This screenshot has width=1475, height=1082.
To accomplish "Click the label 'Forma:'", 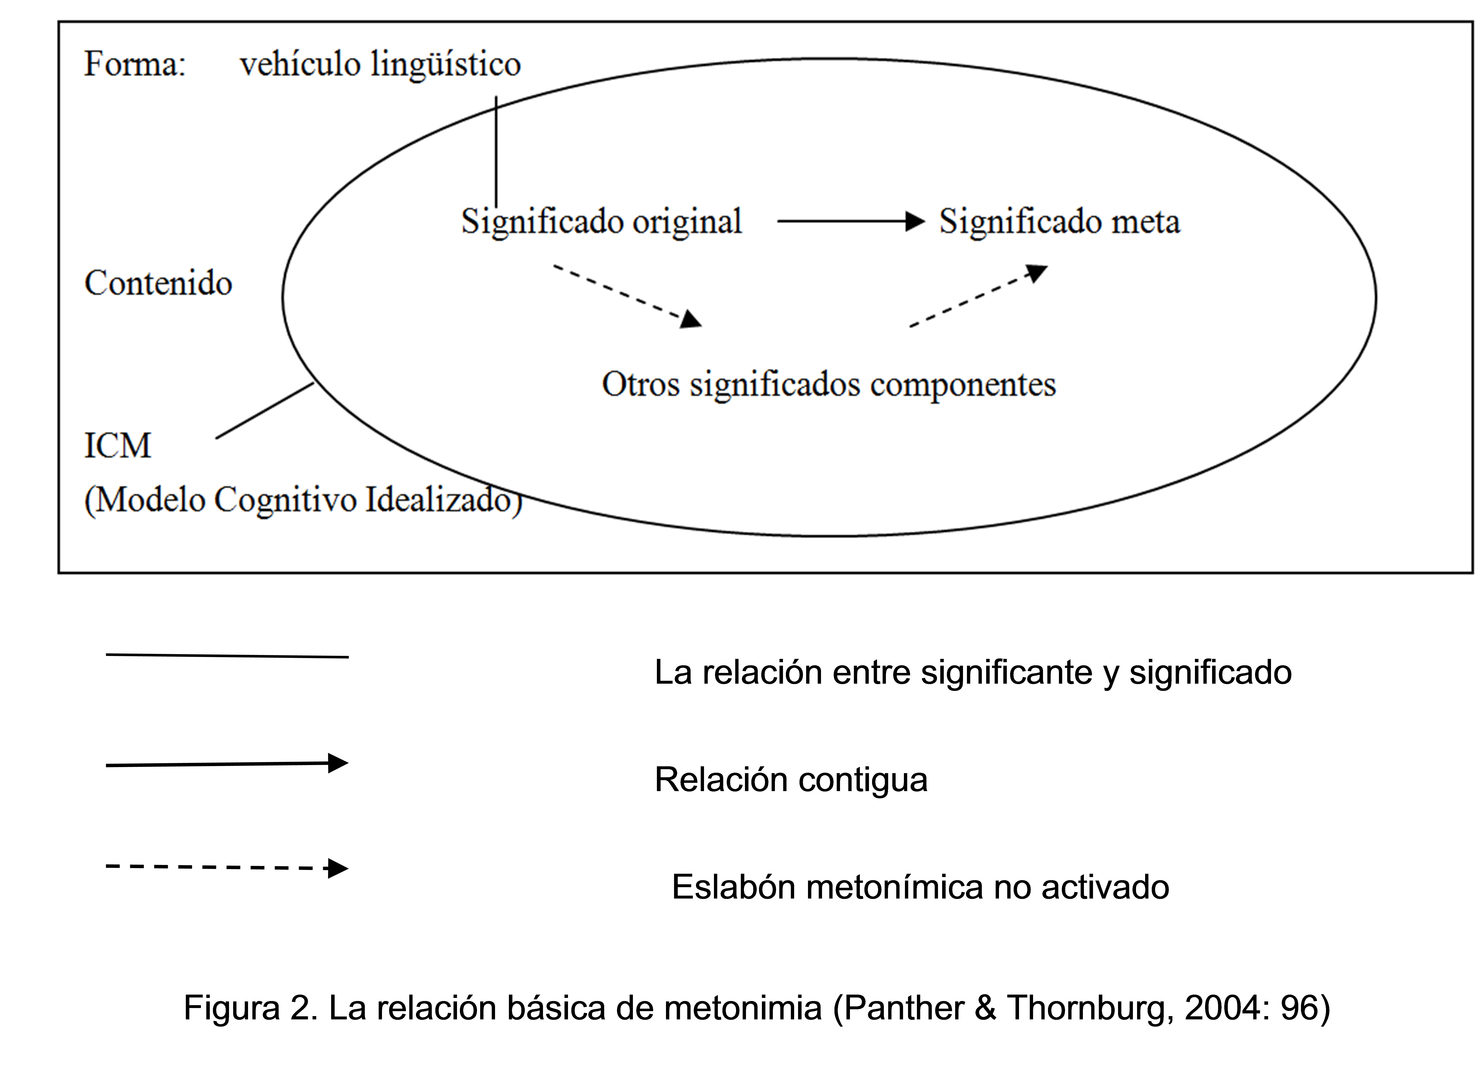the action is (x=135, y=64).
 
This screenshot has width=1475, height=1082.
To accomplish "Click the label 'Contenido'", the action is (x=158, y=284).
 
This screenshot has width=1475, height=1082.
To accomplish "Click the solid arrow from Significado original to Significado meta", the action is (x=851, y=221).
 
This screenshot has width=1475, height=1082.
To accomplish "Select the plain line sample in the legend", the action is (x=227, y=656).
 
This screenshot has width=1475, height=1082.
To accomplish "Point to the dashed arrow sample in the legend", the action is (x=227, y=868).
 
